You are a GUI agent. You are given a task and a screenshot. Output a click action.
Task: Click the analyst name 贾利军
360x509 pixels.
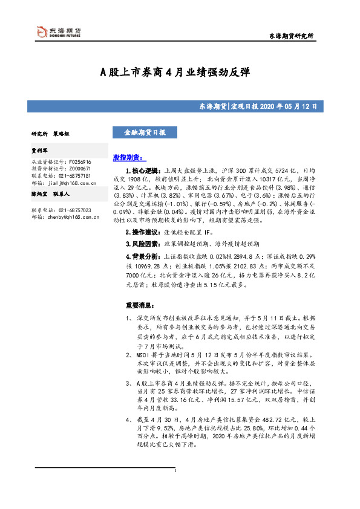41,152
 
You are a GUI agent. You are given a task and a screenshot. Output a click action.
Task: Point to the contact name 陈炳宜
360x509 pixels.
41,194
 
